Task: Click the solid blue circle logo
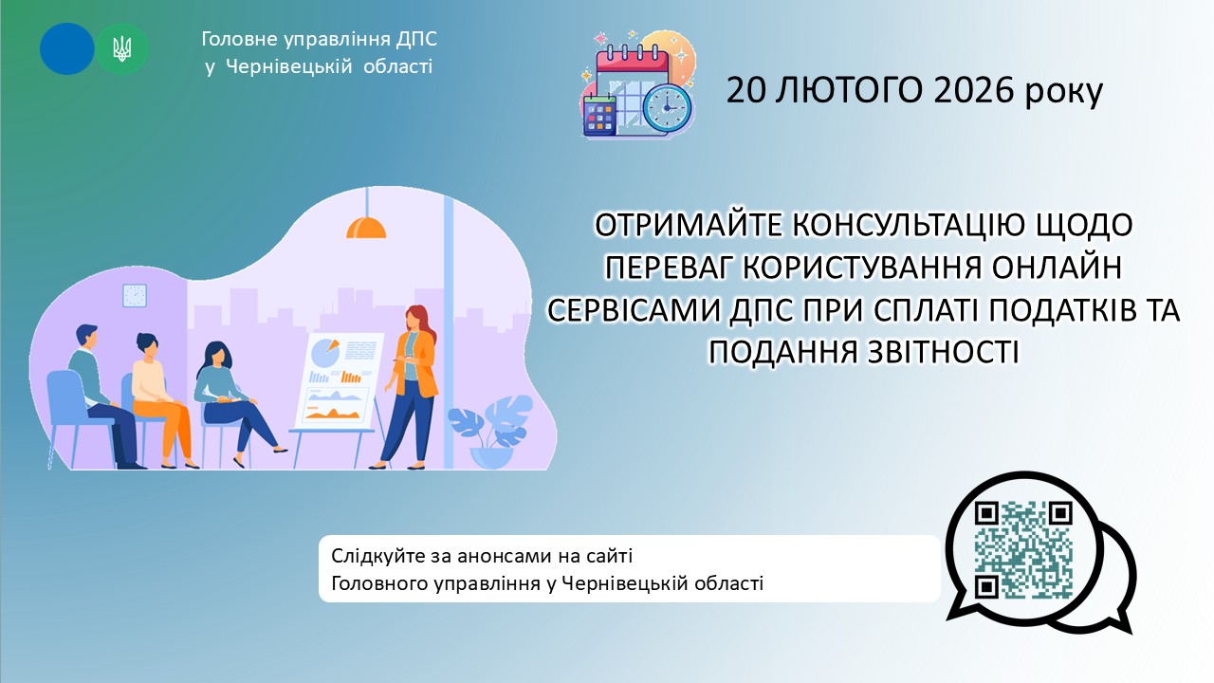pyautogui.click(x=66, y=48)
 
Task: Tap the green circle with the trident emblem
pyautogui.click(x=122, y=48)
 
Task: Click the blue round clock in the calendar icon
pyautogui.click(x=667, y=107)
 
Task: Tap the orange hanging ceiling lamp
pyautogui.click(x=366, y=227)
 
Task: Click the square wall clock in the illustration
pyautogui.click(x=135, y=295)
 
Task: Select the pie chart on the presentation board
pyautogui.click(x=326, y=351)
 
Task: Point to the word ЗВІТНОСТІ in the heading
pyautogui.click(x=943, y=351)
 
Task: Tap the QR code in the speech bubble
pyautogui.click(x=1023, y=549)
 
